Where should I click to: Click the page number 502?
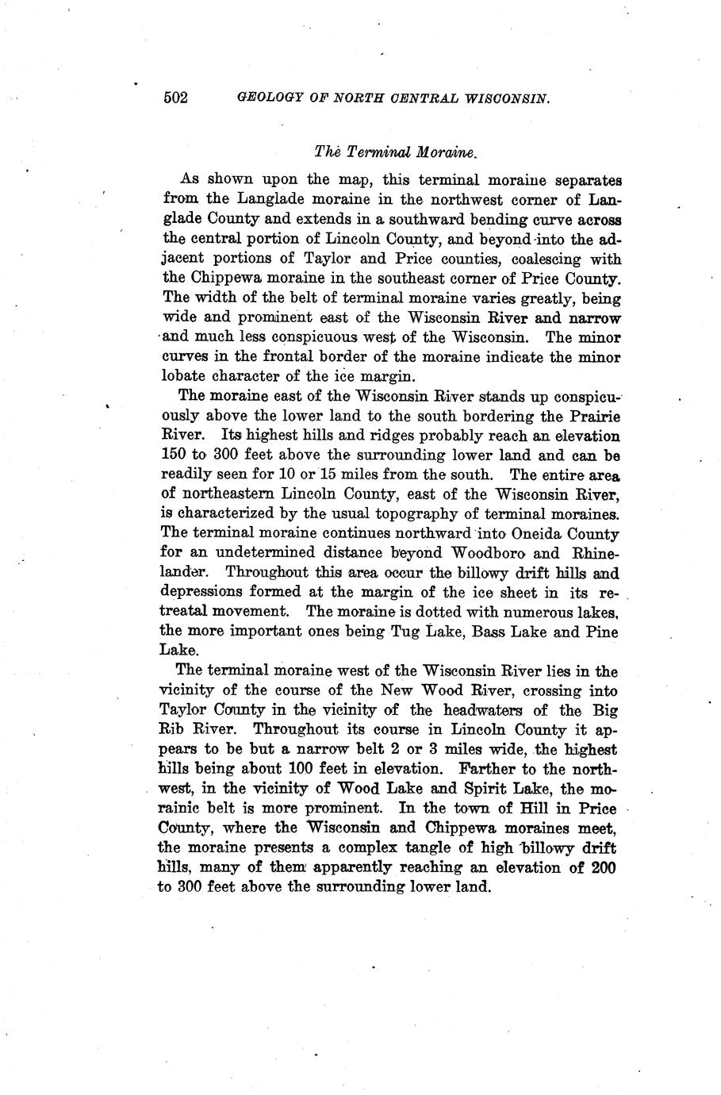(174, 98)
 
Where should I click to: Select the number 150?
(172, 455)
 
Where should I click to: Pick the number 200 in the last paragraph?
(604, 866)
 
